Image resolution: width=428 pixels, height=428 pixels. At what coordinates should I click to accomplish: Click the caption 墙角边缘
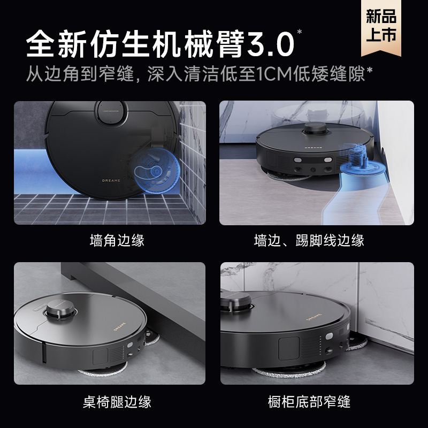click(x=117, y=240)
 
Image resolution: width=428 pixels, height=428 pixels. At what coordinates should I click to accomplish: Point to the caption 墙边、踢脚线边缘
click(x=309, y=240)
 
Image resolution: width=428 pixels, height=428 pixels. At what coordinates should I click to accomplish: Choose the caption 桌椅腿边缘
click(x=117, y=401)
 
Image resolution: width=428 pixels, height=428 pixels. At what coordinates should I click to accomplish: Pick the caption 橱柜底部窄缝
click(x=309, y=401)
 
